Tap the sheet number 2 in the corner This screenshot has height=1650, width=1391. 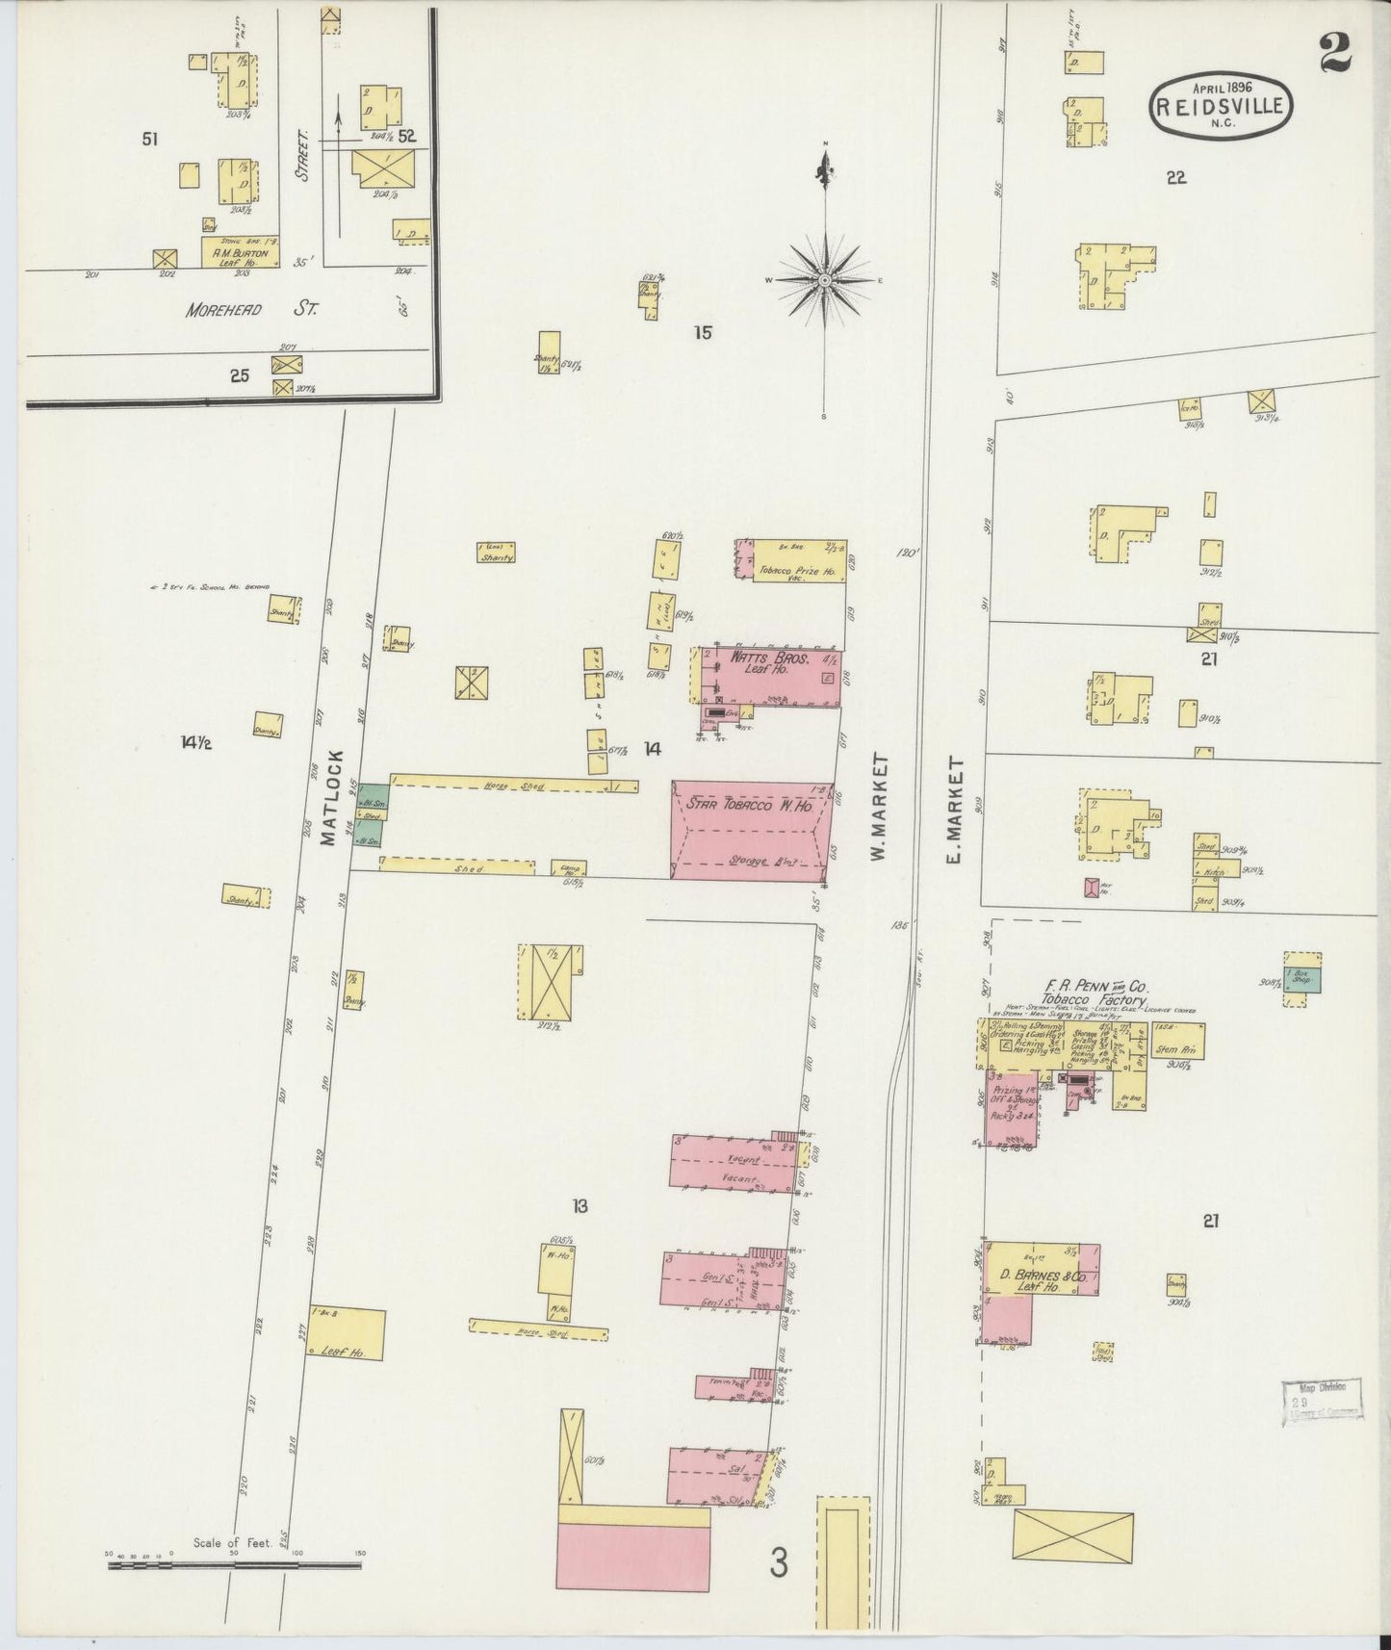(x=1335, y=53)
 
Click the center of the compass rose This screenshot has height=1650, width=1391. (x=825, y=280)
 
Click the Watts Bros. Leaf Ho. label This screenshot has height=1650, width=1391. (x=759, y=662)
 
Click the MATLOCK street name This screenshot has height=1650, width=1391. (x=331, y=797)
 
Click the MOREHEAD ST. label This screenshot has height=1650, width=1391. (x=251, y=309)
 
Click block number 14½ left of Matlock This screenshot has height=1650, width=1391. (x=195, y=742)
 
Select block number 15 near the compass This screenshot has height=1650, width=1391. (x=702, y=333)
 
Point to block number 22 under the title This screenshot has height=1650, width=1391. (x=1175, y=177)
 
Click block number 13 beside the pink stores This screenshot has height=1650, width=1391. (x=580, y=1206)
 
